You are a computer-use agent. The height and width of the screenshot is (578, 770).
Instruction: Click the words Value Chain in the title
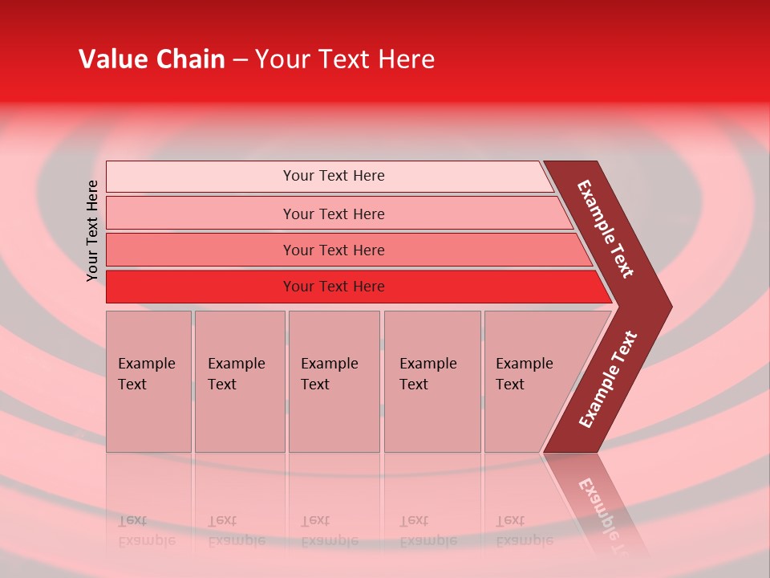[x=152, y=59]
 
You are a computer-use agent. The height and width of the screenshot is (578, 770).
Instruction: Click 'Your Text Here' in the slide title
[x=345, y=59]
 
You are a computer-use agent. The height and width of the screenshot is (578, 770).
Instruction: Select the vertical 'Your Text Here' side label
[x=92, y=231]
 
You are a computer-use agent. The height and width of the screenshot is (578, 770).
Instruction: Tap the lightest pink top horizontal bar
[x=329, y=176]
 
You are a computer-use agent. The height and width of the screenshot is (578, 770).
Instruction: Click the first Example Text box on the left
[x=148, y=381]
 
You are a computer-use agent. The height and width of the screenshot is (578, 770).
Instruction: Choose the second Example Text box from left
[x=239, y=381]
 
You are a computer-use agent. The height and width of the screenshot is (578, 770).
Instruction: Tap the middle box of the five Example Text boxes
[x=334, y=381]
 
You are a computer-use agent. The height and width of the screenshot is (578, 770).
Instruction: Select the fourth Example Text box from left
[x=432, y=381]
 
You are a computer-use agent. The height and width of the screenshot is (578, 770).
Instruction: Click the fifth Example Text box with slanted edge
[x=525, y=381]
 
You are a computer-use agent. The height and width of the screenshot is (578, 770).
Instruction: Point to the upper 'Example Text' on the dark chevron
[x=606, y=229]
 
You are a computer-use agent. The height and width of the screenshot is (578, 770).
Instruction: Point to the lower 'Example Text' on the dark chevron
[x=608, y=379]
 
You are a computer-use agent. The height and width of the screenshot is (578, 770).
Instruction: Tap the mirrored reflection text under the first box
[x=146, y=531]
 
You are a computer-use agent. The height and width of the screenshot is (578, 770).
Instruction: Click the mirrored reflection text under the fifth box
[x=524, y=531]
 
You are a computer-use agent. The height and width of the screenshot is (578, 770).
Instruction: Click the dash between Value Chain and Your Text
[x=240, y=60]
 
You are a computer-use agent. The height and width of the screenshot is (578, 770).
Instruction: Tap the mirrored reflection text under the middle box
[x=329, y=531]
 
